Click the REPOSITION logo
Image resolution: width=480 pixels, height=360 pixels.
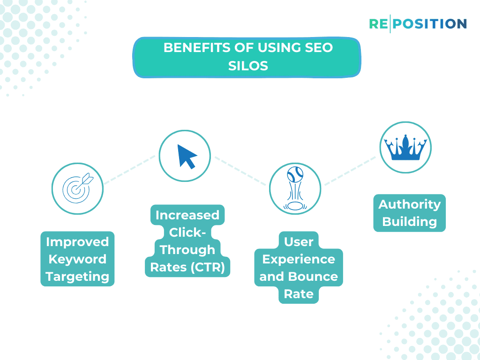418,23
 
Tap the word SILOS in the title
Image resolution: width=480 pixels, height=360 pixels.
248,66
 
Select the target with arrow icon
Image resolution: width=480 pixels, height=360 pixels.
77,189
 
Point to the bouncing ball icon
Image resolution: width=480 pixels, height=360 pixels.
295,189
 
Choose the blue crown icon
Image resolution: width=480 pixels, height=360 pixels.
405,148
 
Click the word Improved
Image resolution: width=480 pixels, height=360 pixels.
77,242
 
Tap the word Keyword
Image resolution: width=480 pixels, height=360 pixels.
77,259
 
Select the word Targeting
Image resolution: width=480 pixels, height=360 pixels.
77,277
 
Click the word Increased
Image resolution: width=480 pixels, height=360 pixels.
187,215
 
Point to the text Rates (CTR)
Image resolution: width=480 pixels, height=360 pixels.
187,267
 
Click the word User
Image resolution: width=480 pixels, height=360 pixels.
299,242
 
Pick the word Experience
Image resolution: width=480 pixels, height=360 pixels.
299,259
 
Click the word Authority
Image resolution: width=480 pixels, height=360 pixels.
410,204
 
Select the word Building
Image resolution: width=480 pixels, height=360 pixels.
410,222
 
